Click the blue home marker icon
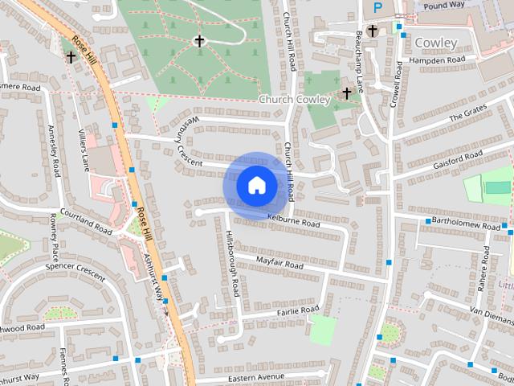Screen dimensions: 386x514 click(256, 186)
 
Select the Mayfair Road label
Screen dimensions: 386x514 click(279, 263)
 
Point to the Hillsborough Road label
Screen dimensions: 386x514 click(232, 265)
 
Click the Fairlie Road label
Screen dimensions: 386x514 click(299, 310)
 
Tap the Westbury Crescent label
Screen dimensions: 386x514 click(184, 138)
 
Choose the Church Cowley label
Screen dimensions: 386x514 click(293, 100)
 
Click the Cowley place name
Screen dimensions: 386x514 click(436, 43)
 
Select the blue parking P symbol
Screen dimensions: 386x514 click(377, 8)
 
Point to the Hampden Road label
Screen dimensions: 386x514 click(437, 60)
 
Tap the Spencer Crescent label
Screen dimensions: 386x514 click(75, 270)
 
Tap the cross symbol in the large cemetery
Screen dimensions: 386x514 click(199, 40)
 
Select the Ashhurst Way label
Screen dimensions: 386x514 click(153, 274)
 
